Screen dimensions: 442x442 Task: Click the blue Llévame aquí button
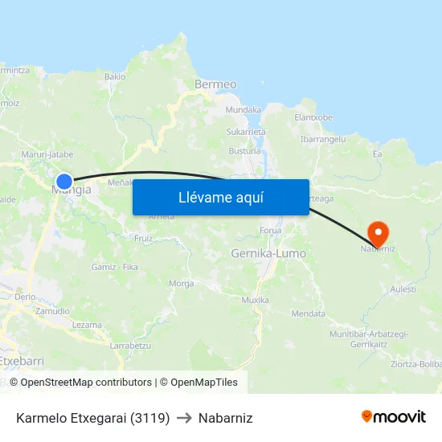220,198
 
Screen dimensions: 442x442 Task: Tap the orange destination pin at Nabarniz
378,234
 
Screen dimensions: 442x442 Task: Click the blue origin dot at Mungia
64,182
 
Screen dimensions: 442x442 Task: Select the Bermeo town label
215,84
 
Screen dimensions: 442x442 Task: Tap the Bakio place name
115,77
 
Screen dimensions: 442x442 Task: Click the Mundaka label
244,110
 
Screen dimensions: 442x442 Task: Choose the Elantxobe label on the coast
313,117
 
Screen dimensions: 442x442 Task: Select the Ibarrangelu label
322,139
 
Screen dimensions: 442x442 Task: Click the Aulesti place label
402,289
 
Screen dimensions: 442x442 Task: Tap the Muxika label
255,300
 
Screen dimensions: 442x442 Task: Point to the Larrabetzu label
130,345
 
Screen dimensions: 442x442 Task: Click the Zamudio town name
52,311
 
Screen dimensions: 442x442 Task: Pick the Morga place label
181,284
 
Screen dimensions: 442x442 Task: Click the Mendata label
308,313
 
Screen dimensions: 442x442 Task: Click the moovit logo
393,417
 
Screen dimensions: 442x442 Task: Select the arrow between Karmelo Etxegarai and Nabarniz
184,418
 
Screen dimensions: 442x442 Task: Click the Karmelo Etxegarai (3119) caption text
92,418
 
